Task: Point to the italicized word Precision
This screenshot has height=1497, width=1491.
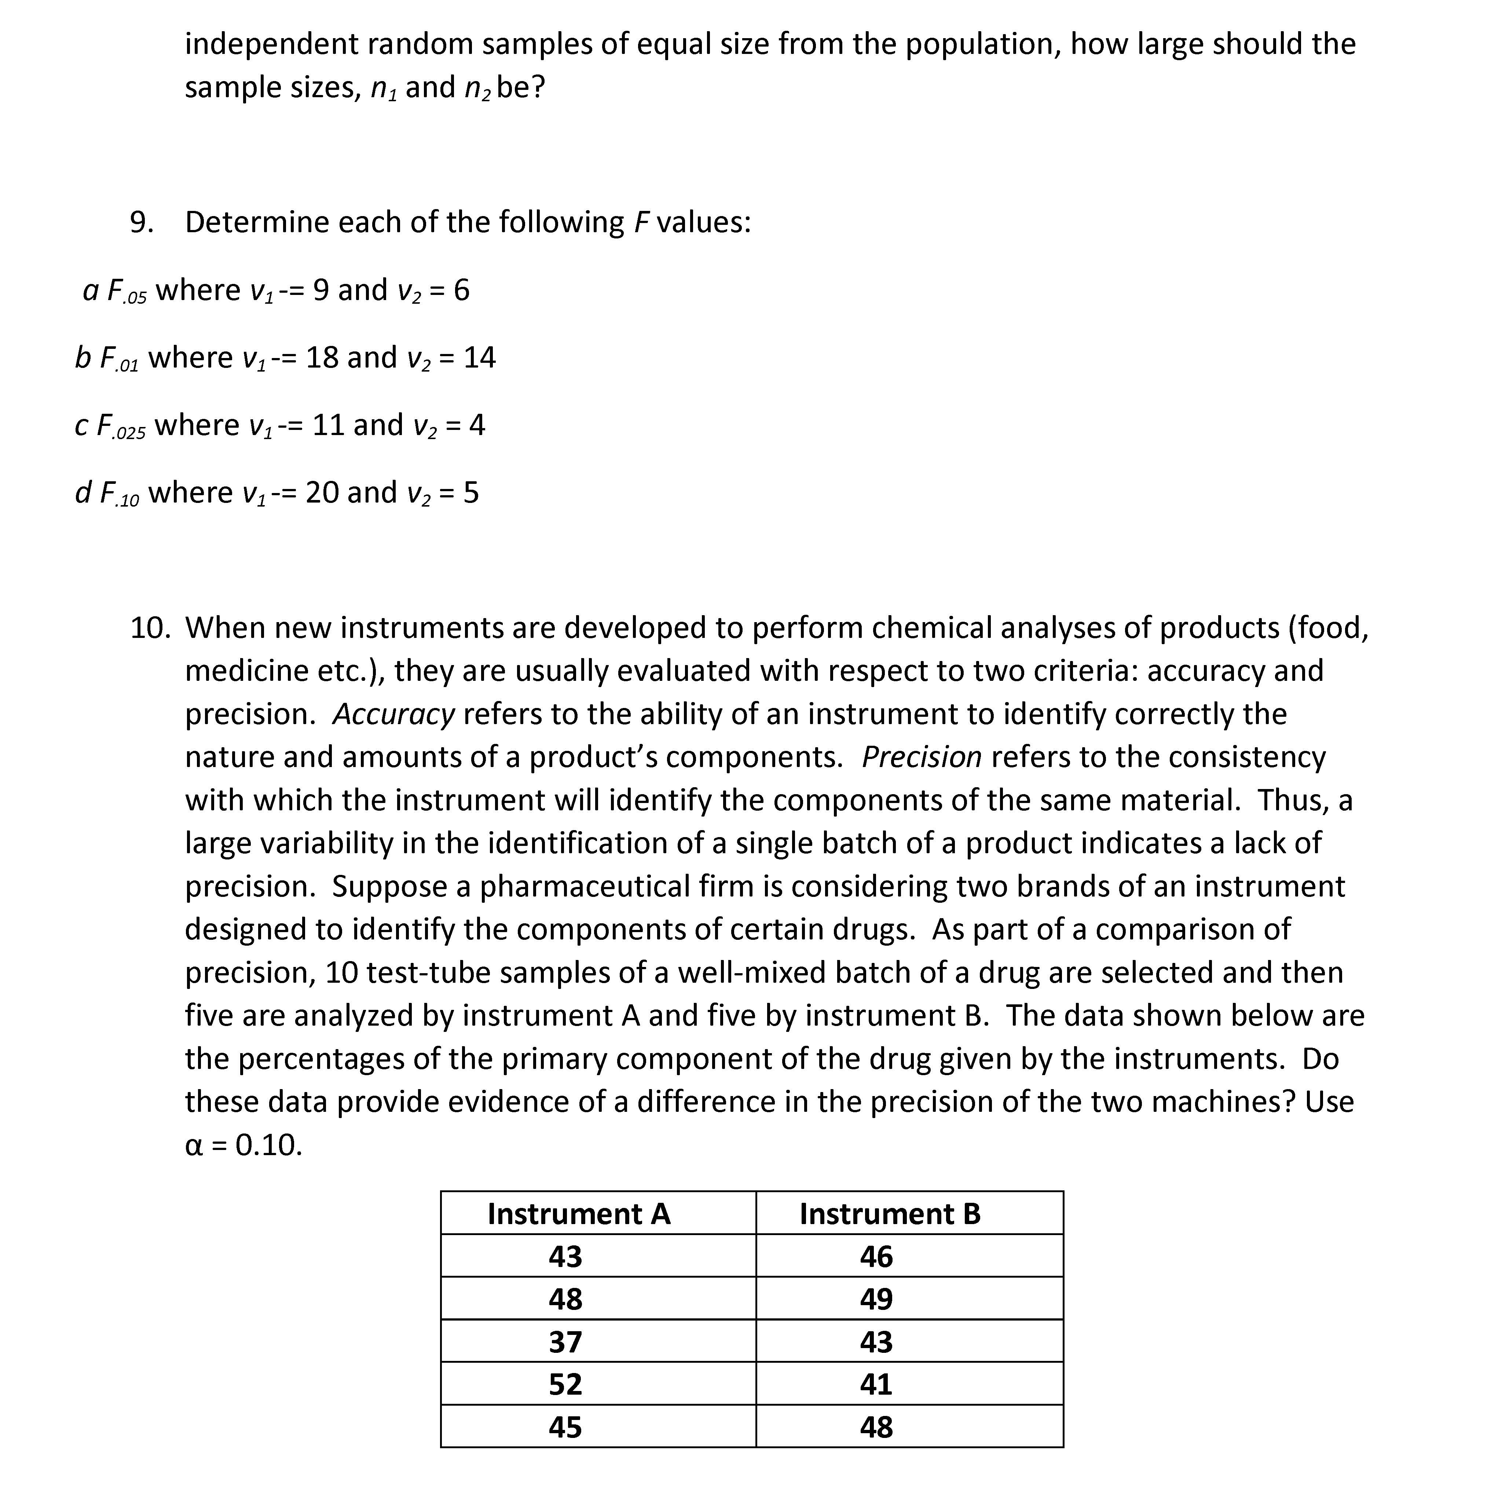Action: tap(922, 757)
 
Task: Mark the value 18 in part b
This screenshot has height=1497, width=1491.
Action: tap(322, 357)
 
